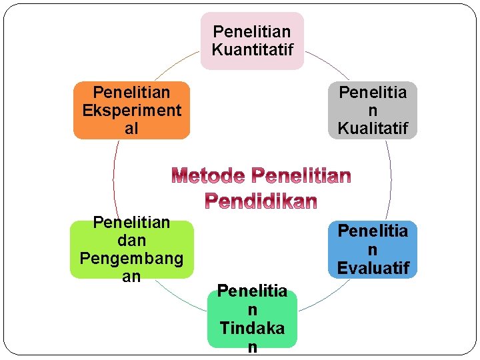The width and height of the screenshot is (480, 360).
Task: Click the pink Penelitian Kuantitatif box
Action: tap(252, 41)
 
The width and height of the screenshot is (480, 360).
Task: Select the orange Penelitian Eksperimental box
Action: tap(131, 110)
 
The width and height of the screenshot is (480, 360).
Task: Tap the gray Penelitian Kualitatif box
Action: tap(372, 110)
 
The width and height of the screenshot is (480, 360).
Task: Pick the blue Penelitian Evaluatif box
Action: tap(372, 249)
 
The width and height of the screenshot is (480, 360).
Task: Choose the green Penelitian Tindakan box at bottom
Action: tap(252, 319)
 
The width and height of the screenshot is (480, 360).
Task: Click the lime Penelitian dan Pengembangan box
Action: tap(131, 249)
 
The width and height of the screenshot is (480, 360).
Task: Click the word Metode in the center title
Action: tap(209, 176)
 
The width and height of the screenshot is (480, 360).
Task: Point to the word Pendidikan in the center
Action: tap(261, 200)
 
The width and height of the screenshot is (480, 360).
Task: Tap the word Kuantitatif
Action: tap(252, 49)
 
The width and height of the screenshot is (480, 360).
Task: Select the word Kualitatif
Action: tap(372, 128)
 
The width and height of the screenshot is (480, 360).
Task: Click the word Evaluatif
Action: tap(372, 268)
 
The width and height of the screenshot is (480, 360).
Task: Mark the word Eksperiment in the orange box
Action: tap(131, 110)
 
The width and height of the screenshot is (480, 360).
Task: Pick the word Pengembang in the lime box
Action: tap(131, 258)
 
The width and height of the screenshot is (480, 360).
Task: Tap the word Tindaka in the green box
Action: tap(252, 328)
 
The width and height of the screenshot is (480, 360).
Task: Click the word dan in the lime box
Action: tap(131, 240)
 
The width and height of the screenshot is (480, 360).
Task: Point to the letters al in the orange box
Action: tap(131, 128)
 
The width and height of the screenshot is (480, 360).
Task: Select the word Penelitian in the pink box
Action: tap(252, 31)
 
